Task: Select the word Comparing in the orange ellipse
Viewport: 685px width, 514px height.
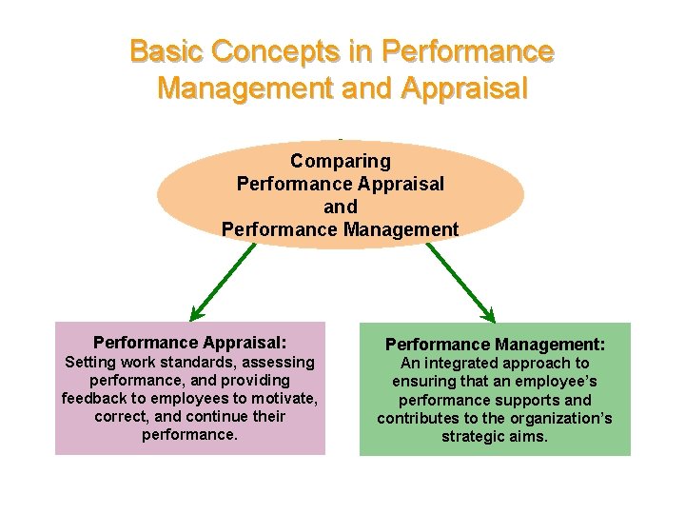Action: click(340, 161)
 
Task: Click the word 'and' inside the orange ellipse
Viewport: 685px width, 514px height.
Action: click(340, 207)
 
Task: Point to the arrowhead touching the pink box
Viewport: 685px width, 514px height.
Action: click(196, 315)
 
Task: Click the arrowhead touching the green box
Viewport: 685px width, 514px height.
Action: click(490, 315)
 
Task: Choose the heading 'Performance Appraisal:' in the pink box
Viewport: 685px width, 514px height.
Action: click(190, 343)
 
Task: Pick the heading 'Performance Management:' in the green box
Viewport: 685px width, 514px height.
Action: click(495, 344)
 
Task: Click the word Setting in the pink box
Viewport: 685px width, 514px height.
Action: click(88, 362)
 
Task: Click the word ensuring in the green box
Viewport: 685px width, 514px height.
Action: click(423, 381)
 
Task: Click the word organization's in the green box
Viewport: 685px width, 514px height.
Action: click(561, 419)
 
